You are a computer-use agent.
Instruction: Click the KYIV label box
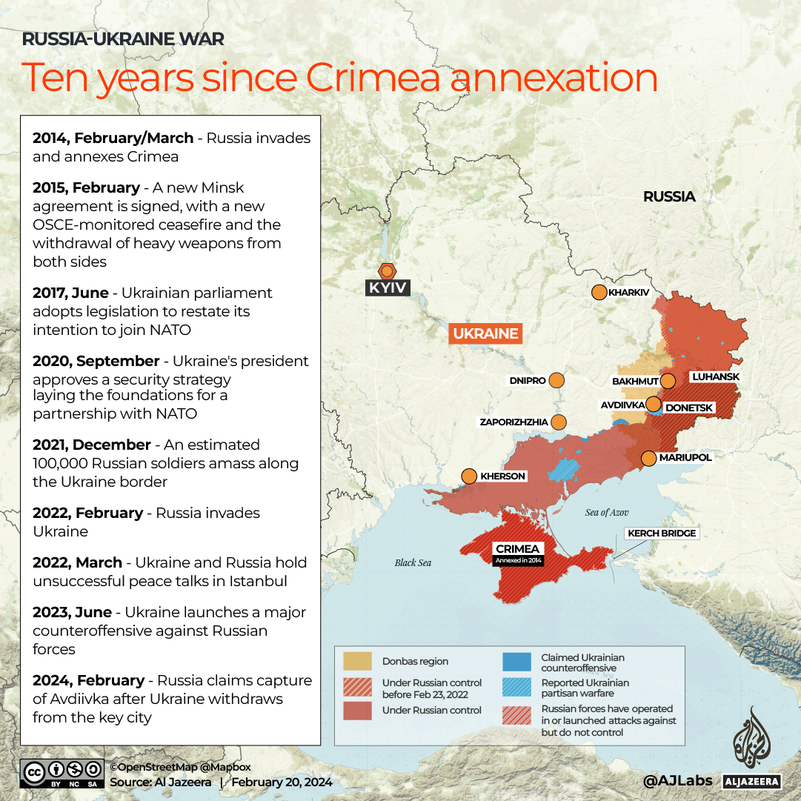pyautogui.click(x=388, y=287)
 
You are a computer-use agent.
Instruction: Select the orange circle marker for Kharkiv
pyautogui.click(x=599, y=293)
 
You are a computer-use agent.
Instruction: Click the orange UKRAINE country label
pyautogui.click(x=485, y=333)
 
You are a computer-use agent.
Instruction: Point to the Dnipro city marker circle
pyautogui.click(x=556, y=381)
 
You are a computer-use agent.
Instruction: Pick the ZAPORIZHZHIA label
pyautogui.click(x=513, y=422)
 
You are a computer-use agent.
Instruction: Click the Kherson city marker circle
pyautogui.click(x=469, y=476)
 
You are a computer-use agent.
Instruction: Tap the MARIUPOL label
pyautogui.click(x=685, y=458)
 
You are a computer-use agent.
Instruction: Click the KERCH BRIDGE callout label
pyautogui.click(x=662, y=534)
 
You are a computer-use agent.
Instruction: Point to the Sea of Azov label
pyautogui.click(x=607, y=513)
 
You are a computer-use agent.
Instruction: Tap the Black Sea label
pyautogui.click(x=413, y=562)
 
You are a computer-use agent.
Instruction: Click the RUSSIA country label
pyautogui.click(x=669, y=196)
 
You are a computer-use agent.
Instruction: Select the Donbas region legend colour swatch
pyautogui.click(x=358, y=661)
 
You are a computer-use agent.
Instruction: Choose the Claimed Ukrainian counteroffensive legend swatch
pyautogui.click(x=516, y=662)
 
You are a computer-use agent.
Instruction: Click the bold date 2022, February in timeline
pyautogui.click(x=87, y=513)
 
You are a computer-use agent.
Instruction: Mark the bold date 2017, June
pyautogui.click(x=70, y=293)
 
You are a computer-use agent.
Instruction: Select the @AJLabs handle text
pyautogui.click(x=677, y=780)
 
